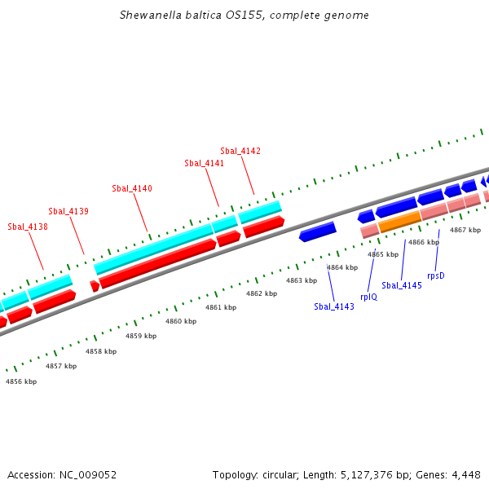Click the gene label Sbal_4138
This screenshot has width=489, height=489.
(x=27, y=227)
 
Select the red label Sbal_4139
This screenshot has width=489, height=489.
(x=68, y=212)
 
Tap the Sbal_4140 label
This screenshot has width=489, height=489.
(x=132, y=189)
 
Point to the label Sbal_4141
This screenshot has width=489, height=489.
(x=204, y=163)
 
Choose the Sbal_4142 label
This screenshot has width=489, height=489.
(x=240, y=151)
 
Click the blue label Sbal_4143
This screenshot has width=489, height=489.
(x=334, y=306)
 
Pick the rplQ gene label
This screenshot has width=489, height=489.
(x=368, y=297)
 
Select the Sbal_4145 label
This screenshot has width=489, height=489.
(x=402, y=285)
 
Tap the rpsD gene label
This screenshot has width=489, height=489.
(x=436, y=275)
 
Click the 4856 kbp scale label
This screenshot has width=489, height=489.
(x=21, y=381)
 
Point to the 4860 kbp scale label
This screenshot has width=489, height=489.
(x=181, y=321)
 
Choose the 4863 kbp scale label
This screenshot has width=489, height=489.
(x=301, y=280)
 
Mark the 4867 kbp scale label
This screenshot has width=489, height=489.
(x=465, y=230)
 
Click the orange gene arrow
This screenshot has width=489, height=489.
(x=399, y=220)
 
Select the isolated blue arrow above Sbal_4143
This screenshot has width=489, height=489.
(x=318, y=231)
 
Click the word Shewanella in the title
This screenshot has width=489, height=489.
(x=148, y=15)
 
